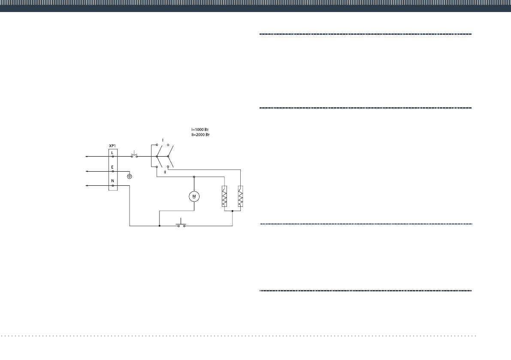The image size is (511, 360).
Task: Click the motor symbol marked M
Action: [194, 196]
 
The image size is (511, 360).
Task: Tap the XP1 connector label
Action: [113, 146]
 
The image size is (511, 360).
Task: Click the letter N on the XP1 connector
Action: [112, 181]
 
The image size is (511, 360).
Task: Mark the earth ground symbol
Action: [130, 176]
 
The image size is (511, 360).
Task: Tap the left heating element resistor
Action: [224, 197]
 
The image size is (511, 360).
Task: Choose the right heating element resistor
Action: [240, 197]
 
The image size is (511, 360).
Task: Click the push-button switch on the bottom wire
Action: [181, 224]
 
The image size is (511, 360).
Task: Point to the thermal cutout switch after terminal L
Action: [134, 155]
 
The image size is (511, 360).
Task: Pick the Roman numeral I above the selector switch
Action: [163, 140]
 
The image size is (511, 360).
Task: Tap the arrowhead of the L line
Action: [87, 157]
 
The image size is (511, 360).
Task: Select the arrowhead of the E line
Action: [87, 171]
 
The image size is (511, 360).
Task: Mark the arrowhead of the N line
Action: [87, 186]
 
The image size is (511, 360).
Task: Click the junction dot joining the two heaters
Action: [232, 211]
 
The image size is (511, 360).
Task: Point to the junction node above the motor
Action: [194, 176]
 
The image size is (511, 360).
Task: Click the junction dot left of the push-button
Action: [159, 226]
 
